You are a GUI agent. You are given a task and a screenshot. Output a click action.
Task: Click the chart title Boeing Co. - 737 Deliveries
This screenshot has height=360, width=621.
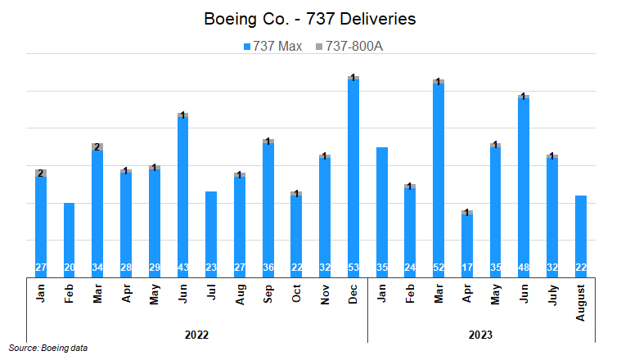click(309, 18)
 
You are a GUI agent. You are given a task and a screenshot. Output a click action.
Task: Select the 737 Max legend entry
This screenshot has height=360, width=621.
click(272, 46)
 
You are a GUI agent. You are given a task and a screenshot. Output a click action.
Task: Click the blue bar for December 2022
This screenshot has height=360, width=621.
click(353, 176)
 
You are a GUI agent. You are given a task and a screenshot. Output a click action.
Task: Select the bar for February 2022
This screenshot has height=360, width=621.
click(70, 237)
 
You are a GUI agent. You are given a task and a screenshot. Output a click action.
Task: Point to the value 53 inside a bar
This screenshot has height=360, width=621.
click(353, 268)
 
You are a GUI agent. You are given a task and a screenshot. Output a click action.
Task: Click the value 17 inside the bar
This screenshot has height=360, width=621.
click(467, 268)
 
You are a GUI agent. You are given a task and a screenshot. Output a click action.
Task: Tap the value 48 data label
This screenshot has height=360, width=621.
click(524, 268)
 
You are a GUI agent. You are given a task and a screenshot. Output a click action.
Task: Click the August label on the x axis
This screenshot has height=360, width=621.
click(581, 301)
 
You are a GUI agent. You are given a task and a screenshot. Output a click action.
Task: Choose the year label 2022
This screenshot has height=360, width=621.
click(197, 334)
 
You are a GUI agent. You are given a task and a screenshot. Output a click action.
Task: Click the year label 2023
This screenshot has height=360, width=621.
click(481, 334)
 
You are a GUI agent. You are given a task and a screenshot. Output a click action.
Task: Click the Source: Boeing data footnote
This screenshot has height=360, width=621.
click(48, 349)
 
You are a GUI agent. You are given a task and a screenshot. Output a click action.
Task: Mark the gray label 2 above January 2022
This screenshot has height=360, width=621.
click(41, 173)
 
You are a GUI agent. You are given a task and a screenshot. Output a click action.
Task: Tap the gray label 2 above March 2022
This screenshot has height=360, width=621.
click(97, 147)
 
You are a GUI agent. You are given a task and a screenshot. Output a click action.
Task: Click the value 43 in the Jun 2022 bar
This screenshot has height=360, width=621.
click(183, 268)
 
